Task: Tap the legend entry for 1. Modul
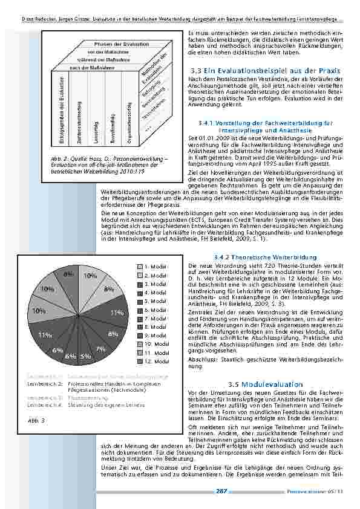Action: coord(155,266)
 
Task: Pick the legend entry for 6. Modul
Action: coord(155,310)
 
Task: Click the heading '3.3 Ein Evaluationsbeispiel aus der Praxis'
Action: coord(264,71)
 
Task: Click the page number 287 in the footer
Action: coord(222,492)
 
